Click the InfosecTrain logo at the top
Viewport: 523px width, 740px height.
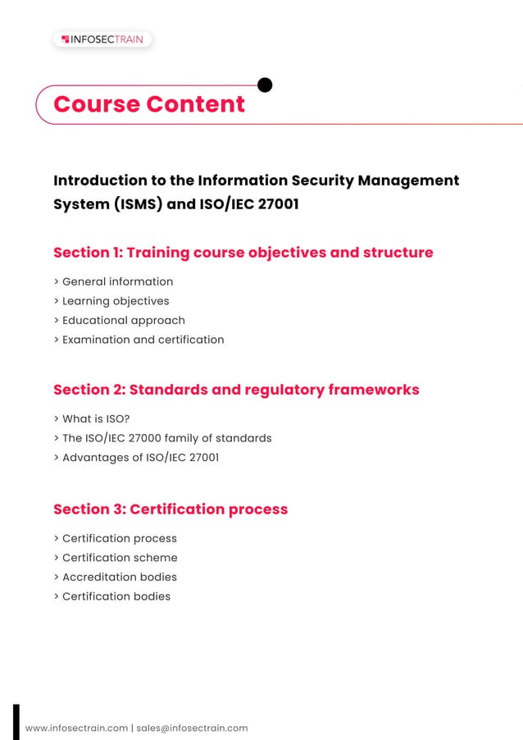(102, 39)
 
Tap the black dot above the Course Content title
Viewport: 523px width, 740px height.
(265, 85)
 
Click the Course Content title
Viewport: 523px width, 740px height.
(149, 104)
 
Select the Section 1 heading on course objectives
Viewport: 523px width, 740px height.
(243, 253)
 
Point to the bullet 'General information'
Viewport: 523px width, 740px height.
(117, 281)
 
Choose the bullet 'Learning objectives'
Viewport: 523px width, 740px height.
(116, 301)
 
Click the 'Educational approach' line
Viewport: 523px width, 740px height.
(123, 320)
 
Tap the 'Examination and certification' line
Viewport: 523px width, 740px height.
(143, 340)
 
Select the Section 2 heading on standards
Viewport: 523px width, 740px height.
(236, 390)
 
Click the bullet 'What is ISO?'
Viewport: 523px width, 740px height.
(96, 418)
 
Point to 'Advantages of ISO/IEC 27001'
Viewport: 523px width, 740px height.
(140, 457)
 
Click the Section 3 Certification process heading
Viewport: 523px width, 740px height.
(171, 509)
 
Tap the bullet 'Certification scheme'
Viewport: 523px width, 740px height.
(120, 558)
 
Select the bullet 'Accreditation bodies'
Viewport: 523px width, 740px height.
(120, 577)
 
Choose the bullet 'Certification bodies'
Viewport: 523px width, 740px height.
(116, 596)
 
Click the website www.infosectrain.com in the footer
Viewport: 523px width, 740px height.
(77, 728)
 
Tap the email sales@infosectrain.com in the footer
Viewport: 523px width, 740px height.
(192, 728)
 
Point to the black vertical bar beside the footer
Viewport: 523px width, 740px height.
(16, 722)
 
